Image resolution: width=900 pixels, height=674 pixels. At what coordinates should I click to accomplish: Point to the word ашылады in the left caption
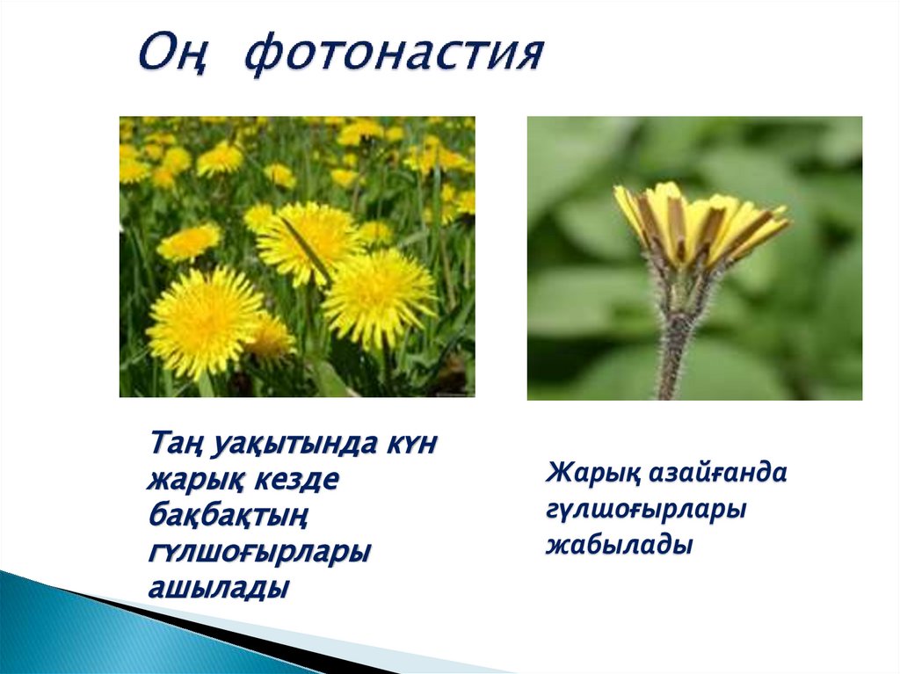pyautogui.click(x=218, y=589)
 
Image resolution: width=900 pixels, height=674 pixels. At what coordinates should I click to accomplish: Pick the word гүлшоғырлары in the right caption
pyautogui.click(x=646, y=510)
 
